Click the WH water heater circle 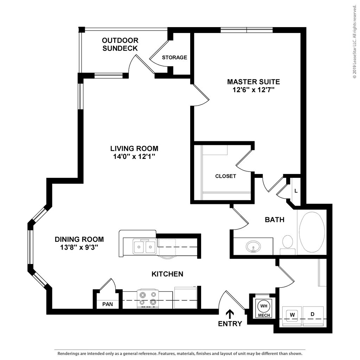click(x=264, y=306)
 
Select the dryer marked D click(x=313, y=316)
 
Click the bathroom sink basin click(x=253, y=246)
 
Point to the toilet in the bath click(x=288, y=245)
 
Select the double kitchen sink click(x=144, y=246)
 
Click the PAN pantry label click(x=108, y=304)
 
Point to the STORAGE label click(x=174, y=57)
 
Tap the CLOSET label click(x=225, y=176)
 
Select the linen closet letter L click(x=296, y=191)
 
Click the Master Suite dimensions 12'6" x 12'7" click(x=253, y=90)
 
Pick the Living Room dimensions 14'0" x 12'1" click(x=134, y=156)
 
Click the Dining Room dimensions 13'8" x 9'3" click(x=79, y=247)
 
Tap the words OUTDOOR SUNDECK click(x=120, y=44)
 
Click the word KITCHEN click(x=167, y=274)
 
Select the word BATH click(x=275, y=220)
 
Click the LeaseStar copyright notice click(x=355, y=41)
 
